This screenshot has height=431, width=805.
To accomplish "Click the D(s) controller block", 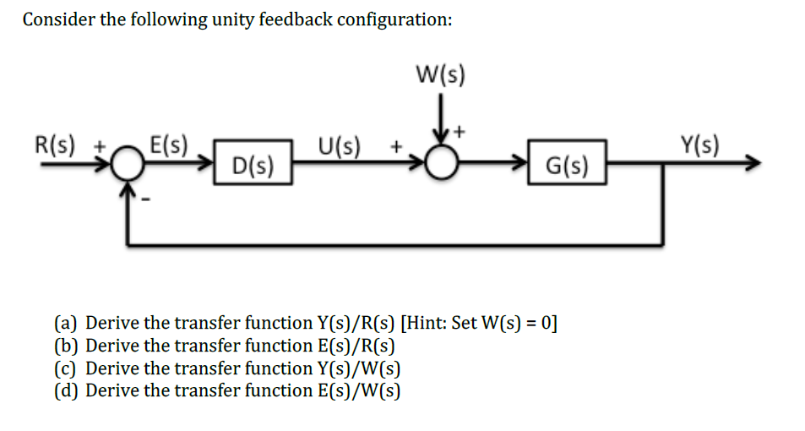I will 253,163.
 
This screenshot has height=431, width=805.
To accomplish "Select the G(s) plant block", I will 567,163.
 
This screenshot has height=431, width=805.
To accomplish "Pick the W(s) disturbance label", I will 439,74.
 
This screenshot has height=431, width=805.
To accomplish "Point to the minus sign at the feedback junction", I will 144,202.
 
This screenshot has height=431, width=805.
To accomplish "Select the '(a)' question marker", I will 67,323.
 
